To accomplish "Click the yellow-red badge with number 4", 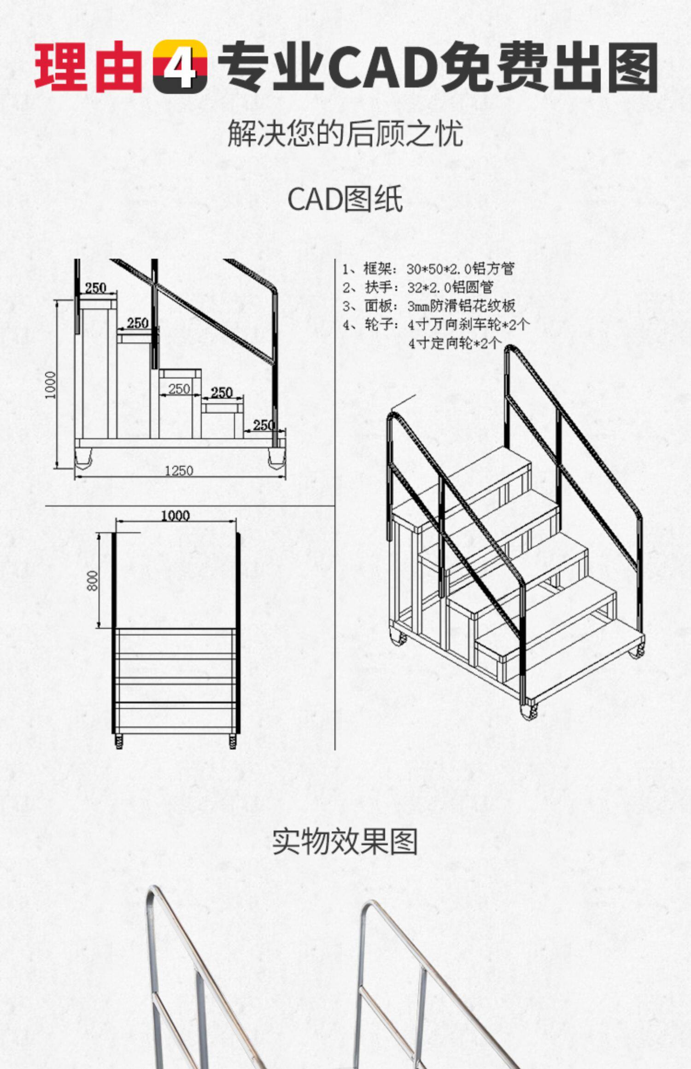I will (180, 66).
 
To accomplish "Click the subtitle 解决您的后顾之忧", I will (345, 134).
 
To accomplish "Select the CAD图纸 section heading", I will (345, 199).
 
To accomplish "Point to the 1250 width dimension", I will (179, 471).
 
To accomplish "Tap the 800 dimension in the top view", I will (93, 581).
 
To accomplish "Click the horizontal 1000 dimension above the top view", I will (175, 516).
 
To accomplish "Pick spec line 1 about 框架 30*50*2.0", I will (428, 269).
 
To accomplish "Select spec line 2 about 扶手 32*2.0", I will (418, 287).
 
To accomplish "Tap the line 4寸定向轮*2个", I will (455, 343).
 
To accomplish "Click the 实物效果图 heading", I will (345, 842).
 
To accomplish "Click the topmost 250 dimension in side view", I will (96, 288).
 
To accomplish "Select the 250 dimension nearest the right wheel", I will (264, 425).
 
